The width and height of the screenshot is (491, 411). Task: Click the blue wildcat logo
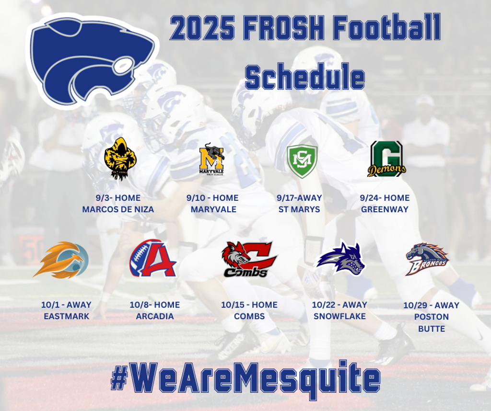(x=93, y=61)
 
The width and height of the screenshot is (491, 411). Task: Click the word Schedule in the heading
(x=304, y=77)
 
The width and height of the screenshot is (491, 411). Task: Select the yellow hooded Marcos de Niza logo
(x=120, y=159)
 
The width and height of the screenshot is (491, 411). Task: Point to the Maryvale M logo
(x=212, y=160)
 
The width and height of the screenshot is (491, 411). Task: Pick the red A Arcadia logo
(x=153, y=258)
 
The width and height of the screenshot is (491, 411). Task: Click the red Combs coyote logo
(x=249, y=259)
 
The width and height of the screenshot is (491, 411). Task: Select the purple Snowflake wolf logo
(x=340, y=258)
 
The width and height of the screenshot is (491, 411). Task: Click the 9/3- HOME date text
(x=118, y=198)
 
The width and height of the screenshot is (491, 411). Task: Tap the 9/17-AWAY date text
(x=299, y=198)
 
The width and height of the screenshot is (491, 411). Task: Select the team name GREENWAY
(x=385, y=209)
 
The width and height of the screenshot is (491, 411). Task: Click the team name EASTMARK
(x=66, y=316)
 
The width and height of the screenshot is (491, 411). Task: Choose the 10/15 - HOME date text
(x=249, y=305)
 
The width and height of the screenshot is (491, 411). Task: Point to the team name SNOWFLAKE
(x=340, y=316)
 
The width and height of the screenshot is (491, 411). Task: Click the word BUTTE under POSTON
(x=432, y=329)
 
